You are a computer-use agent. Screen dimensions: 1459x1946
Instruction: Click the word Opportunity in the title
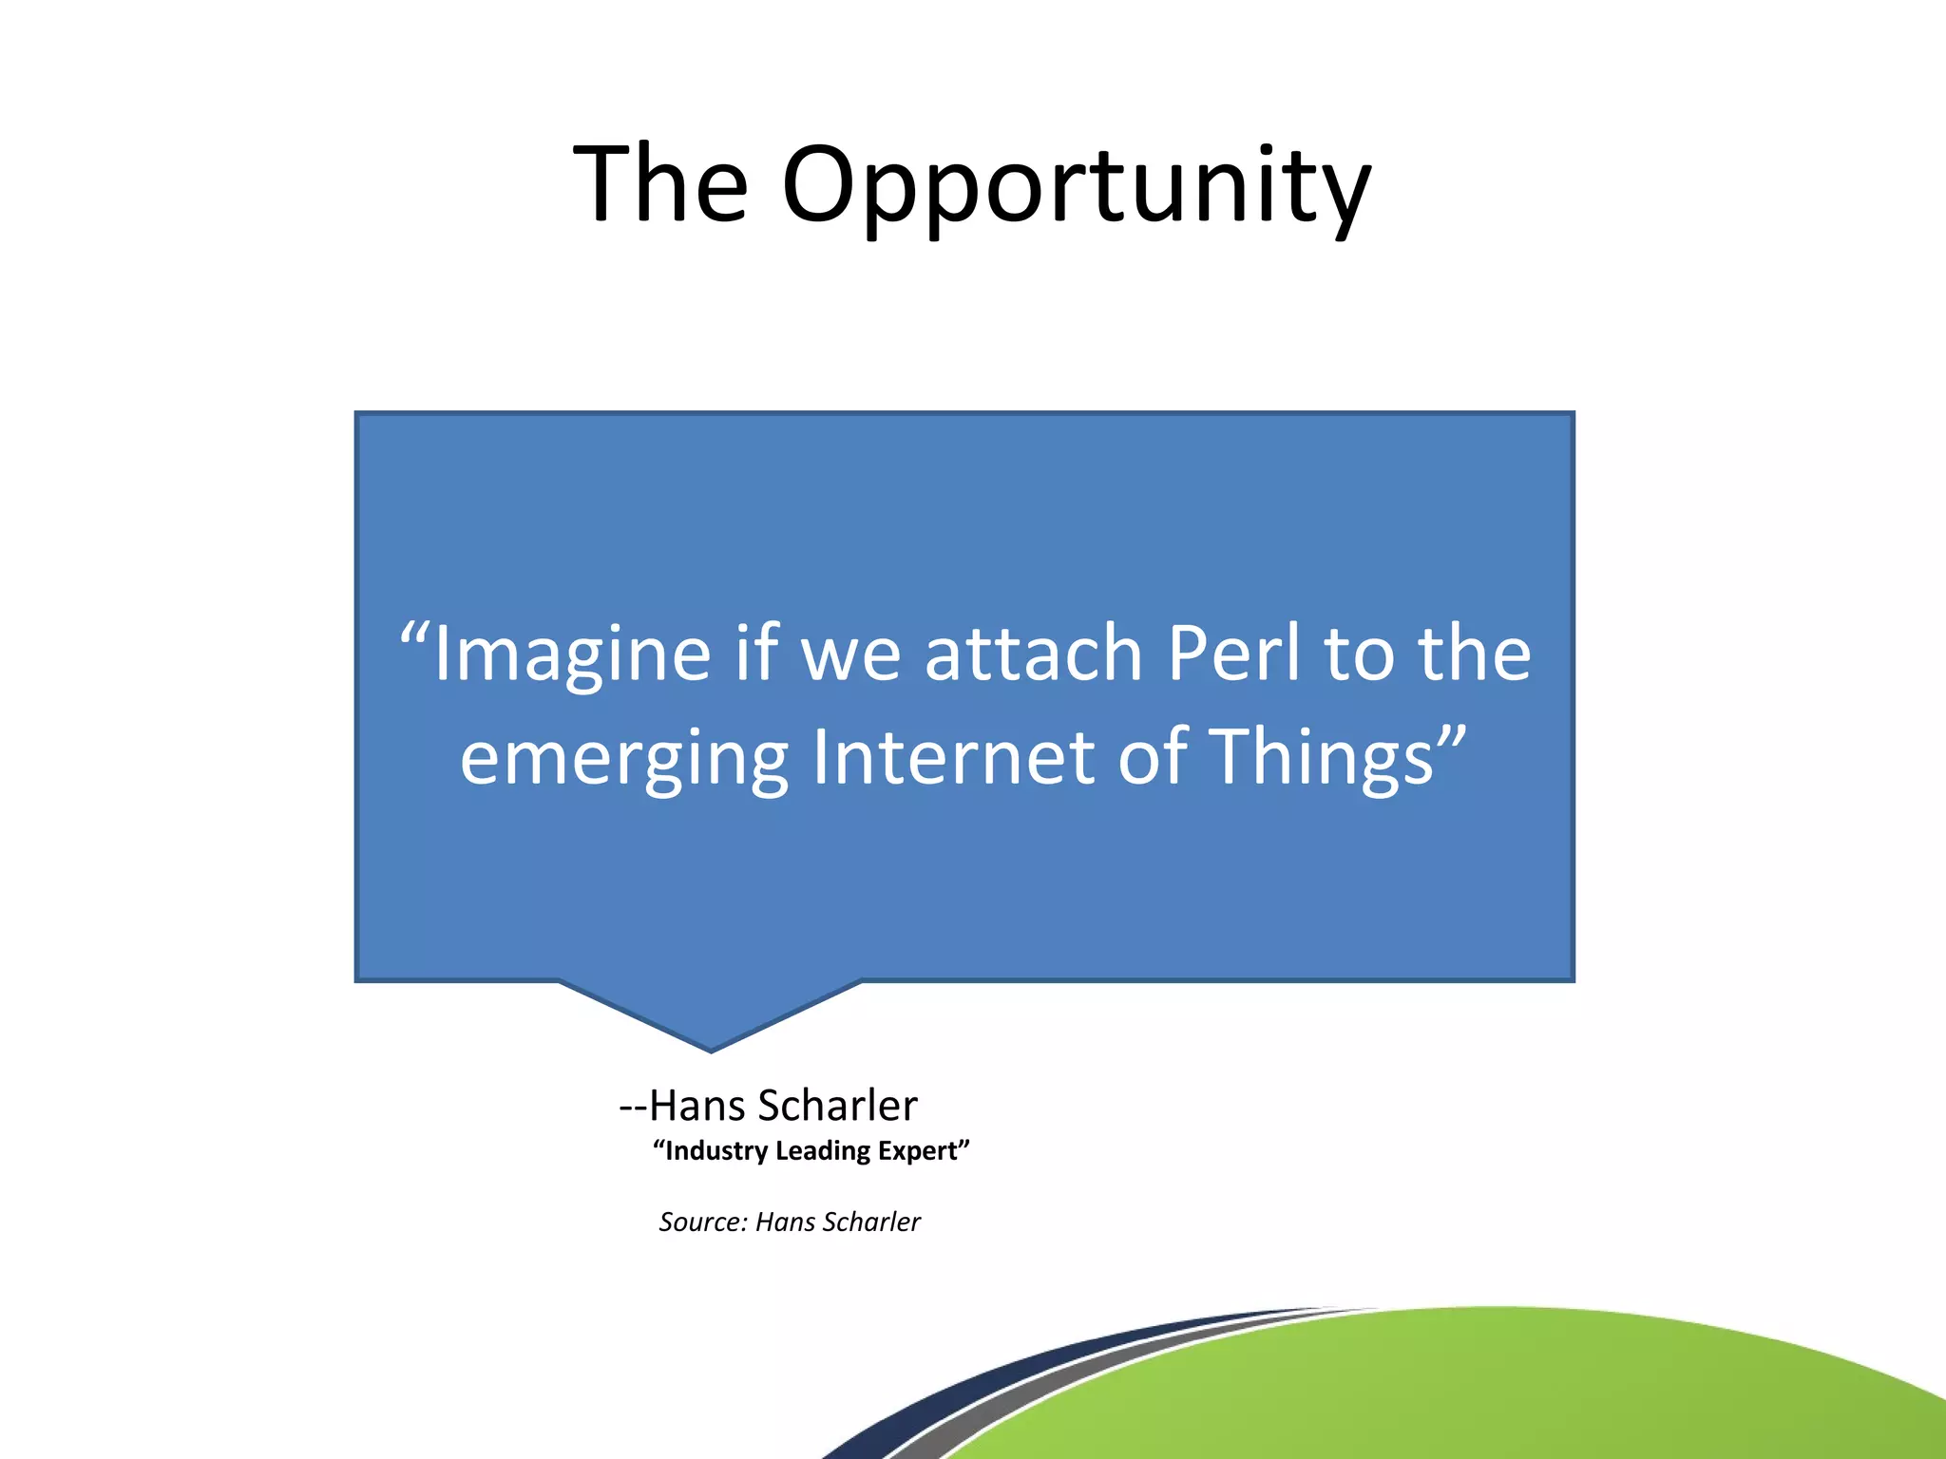1077,185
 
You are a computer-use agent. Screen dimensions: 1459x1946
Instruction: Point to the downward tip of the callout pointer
711,1049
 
